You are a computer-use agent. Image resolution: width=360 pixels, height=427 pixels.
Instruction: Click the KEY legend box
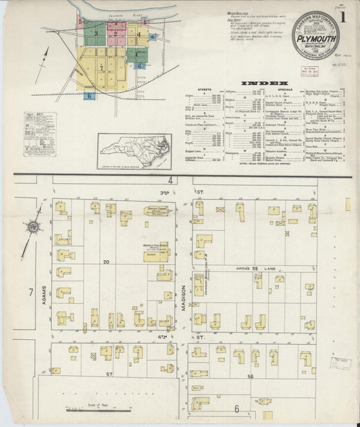pos(39,134)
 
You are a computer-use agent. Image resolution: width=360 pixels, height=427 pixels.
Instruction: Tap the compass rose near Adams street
pos(33,227)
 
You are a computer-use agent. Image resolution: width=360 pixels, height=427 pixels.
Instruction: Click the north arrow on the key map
pos(45,56)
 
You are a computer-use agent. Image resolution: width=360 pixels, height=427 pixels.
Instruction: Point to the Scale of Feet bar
pos(87,408)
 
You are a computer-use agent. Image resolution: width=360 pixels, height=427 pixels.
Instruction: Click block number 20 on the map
pos(106,261)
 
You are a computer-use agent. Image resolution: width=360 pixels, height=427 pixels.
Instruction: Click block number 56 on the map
pos(251,376)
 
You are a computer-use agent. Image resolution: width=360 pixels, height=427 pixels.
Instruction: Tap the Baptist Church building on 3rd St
pos(157,212)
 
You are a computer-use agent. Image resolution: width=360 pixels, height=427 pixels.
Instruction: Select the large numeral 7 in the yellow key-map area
pos(101,68)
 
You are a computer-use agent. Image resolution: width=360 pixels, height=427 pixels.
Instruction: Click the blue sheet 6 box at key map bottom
pos(89,97)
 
